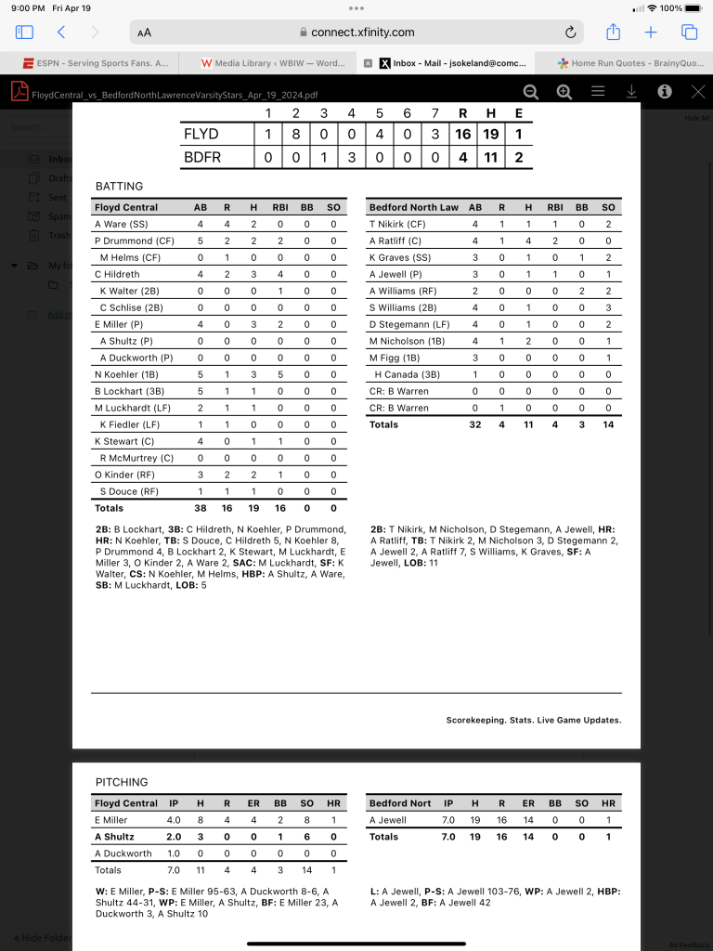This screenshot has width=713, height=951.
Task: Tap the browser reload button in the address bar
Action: [570, 33]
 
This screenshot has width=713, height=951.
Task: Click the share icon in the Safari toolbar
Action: [613, 33]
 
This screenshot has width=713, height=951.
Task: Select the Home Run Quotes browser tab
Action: [629, 63]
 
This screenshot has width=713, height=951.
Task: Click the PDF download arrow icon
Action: [631, 91]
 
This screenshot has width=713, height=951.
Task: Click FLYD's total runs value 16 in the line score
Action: [462, 134]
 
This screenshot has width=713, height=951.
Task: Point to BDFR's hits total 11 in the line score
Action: [490, 157]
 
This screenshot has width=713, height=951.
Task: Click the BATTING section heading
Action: [120, 187]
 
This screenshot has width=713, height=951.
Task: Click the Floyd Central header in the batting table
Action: [126, 207]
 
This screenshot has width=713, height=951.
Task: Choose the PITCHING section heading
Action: [122, 782]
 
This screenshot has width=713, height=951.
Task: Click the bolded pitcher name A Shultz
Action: [115, 837]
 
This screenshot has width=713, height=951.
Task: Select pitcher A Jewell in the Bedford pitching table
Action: [388, 820]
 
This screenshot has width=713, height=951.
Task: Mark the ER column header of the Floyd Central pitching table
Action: [254, 803]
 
